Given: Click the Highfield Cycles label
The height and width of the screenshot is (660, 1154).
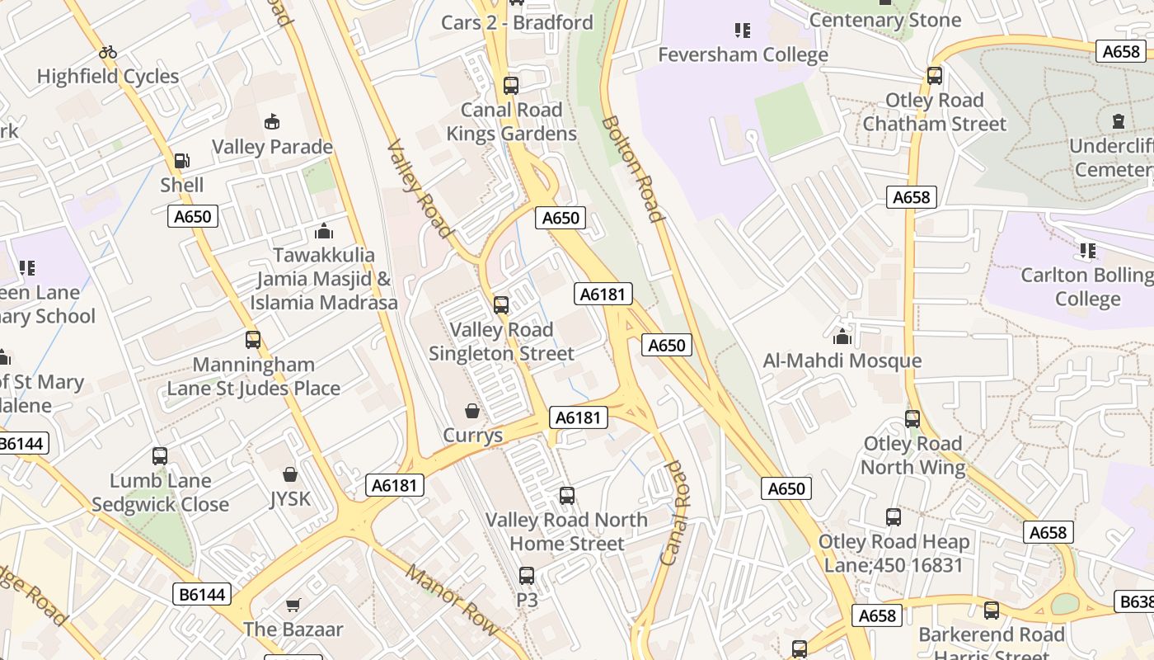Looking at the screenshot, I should pos(108,77).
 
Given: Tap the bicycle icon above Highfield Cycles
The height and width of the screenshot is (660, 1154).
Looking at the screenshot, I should pos(108,52).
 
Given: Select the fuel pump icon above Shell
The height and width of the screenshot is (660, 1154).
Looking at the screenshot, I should pos(181,161).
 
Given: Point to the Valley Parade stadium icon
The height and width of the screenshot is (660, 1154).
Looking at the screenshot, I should pos(272,123).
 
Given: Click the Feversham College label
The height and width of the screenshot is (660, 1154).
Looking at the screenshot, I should pos(743,55).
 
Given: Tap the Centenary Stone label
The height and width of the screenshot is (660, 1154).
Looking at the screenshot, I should pos(885,20).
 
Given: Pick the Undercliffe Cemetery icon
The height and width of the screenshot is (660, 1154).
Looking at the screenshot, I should pos(1119,122).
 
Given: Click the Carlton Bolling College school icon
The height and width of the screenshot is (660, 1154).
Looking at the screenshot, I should pos(1087,250).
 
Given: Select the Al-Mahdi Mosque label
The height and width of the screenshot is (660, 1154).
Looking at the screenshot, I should pos(842,361).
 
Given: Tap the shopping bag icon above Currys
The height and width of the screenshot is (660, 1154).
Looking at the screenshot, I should pos(472,411).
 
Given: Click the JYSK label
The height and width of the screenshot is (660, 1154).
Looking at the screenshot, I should pos(290,499).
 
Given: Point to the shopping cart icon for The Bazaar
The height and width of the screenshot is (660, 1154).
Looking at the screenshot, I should pos(293,606).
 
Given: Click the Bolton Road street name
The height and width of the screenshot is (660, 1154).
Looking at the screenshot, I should pos(633,169).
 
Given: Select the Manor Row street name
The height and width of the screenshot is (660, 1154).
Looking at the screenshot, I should pos(452,600).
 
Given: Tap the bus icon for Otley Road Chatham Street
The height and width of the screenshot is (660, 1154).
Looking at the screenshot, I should pos(934,76).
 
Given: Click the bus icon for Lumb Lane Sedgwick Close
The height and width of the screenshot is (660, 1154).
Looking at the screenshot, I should pos(160,456).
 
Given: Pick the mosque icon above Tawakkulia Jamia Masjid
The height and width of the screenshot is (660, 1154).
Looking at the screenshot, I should pos(324,231).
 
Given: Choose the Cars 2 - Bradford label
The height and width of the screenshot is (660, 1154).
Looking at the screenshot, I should pos(517,22).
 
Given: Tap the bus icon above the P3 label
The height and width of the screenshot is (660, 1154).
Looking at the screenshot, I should pos(527,576).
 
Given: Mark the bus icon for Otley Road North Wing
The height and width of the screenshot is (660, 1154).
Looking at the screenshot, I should pos(912,419).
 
